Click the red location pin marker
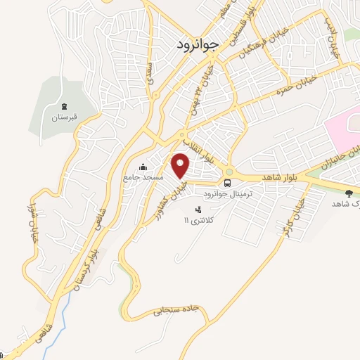181,165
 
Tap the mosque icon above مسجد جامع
143,167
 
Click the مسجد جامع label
143,177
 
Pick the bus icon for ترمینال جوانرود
227,182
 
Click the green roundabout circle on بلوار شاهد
229,172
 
